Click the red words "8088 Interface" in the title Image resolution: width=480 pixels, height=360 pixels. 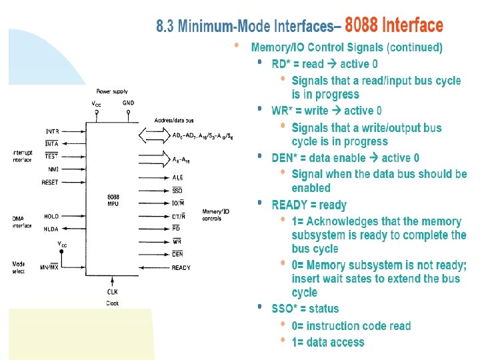point(393,26)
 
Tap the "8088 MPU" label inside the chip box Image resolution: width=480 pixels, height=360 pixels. point(113,199)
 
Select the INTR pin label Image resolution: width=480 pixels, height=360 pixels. point(52,131)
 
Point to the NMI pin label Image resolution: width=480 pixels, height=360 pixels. point(53,169)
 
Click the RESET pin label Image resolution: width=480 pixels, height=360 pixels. point(51,182)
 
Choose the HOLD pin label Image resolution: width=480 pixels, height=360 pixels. point(51,216)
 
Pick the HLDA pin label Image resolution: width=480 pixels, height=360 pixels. point(51,229)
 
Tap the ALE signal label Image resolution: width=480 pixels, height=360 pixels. point(177,178)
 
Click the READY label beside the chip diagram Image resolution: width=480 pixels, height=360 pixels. point(181,267)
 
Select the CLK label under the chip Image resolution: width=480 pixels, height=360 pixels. point(113,291)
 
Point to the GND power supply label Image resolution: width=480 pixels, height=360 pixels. point(128,103)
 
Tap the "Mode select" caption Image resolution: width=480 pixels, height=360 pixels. point(19,267)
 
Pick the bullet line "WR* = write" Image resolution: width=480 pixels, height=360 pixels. point(327,111)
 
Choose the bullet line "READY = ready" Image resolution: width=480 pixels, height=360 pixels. point(309,205)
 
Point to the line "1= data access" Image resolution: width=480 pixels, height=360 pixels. point(328,342)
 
